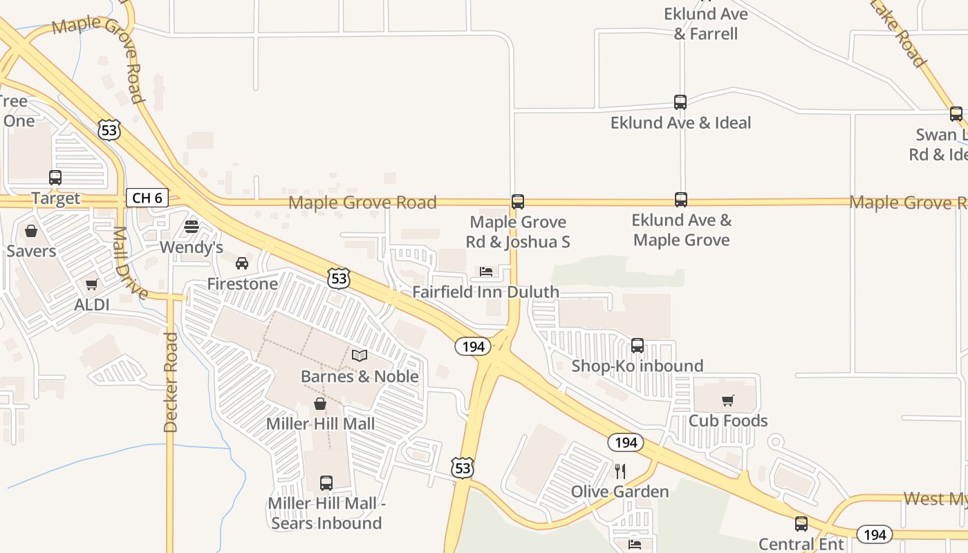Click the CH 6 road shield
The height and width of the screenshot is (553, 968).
tap(147, 198)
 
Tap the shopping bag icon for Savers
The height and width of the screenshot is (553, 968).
tap(31, 231)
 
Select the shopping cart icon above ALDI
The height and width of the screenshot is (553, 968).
tap(91, 284)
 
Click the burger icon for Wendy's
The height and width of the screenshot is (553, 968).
tap(192, 227)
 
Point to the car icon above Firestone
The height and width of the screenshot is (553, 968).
tap(242, 263)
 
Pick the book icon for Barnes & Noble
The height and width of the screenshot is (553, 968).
tap(360, 356)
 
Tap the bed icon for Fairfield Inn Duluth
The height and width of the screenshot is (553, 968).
tap(486, 272)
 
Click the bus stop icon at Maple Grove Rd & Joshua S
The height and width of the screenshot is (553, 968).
tap(518, 202)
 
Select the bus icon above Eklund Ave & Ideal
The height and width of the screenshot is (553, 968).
tap(680, 102)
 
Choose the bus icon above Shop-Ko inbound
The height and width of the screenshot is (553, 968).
tap(637, 345)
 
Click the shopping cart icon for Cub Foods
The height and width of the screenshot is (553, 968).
tap(727, 400)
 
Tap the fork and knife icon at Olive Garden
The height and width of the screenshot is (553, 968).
tap(620, 471)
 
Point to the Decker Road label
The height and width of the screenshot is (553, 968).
tap(171, 382)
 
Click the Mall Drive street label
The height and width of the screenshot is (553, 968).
tap(129, 263)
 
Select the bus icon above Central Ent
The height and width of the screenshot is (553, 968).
tap(801, 524)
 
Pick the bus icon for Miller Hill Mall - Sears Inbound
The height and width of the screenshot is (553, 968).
tap(326, 483)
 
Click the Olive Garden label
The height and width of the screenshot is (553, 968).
tap(620, 491)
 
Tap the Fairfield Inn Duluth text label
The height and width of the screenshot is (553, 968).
tap(485, 292)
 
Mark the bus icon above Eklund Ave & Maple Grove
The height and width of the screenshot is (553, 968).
tap(681, 200)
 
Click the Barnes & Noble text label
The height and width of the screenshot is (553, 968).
tap(360, 377)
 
